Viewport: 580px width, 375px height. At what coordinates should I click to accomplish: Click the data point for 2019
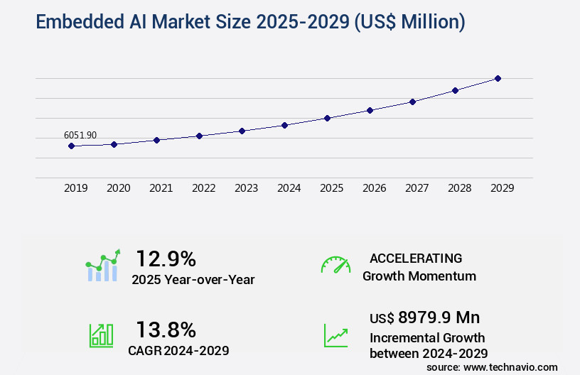[x=71, y=146]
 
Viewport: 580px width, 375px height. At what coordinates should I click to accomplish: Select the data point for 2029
[x=498, y=78]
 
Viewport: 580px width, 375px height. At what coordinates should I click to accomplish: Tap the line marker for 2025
[x=327, y=118]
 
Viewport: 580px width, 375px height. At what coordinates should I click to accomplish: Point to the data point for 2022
[x=199, y=136]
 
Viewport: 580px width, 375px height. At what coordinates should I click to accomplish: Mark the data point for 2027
[x=412, y=102]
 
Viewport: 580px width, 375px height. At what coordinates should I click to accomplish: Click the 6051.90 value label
[x=80, y=135]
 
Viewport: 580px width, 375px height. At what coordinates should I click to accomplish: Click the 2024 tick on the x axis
[x=289, y=188]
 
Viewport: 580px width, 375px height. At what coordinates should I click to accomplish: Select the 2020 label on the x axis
[x=119, y=188]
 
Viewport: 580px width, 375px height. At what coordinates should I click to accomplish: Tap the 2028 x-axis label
[x=460, y=188]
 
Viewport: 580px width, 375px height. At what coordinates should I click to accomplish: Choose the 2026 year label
[x=375, y=188]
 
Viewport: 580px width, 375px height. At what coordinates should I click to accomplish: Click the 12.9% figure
[x=166, y=259]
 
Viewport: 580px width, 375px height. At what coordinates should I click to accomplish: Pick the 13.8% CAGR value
[x=166, y=330]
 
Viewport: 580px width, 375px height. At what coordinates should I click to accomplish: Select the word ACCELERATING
[x=416, y=258]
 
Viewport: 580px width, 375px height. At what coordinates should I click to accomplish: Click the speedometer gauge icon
[x=335, y=265]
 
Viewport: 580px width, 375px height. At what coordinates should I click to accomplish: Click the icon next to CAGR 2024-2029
[x=101, y=335]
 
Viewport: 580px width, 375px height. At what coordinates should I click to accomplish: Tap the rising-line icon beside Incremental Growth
[x=335, y=335]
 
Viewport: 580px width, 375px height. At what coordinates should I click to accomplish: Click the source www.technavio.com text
[x=492, y=366]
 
